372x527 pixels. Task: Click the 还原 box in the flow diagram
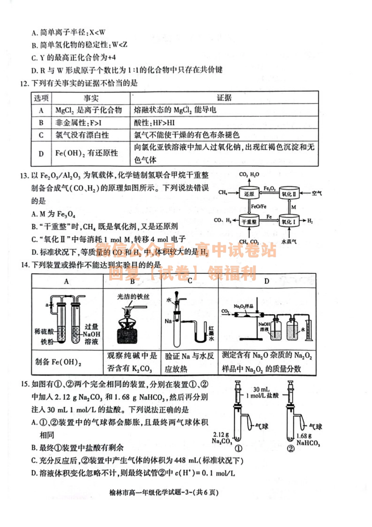[249, 194]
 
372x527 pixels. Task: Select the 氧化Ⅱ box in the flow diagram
[289, 194]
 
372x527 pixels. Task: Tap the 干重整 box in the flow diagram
[249, 221]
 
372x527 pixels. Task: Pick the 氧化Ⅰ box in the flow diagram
[289, 221]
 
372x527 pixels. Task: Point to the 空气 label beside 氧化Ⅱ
[317, 193]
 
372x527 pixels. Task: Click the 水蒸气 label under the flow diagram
[289, 242]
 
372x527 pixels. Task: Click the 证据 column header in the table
[224, 98]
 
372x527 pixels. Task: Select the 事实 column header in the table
[91, 98]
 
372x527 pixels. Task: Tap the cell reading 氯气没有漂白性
[82, 135]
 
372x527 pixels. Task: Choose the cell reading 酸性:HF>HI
[155, 123]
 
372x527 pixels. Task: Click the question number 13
[24, 175]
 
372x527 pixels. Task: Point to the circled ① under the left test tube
[238, 448]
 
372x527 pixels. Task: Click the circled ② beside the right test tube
[291, 448]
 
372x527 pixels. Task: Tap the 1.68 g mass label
[304, 436]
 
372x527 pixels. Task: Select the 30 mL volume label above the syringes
[261, 389]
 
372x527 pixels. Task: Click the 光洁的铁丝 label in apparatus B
[133, 297]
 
